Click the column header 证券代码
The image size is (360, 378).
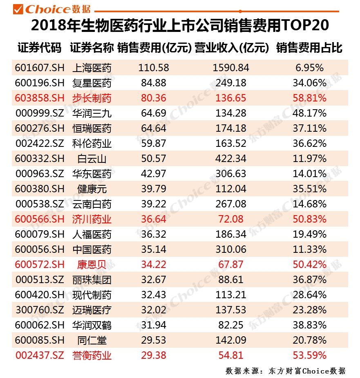click(39, 48)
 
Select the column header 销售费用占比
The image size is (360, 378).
click(309, 48)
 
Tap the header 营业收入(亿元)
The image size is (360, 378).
click(231, 48)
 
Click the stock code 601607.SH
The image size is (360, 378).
click(40, 68)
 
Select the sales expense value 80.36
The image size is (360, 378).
click(153, 98)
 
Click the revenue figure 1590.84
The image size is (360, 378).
click(231, 68)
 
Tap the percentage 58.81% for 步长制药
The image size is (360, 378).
click(309, 98)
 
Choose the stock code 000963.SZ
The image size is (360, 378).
click(40, 174)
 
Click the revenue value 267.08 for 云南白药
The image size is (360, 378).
click(231, 204)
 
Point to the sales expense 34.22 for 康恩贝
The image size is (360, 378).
click(153, 265)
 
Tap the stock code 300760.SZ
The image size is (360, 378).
click(40, 310)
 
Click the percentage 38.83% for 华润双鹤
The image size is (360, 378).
click(309, 325)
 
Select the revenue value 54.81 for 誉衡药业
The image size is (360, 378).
click(231, 355)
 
